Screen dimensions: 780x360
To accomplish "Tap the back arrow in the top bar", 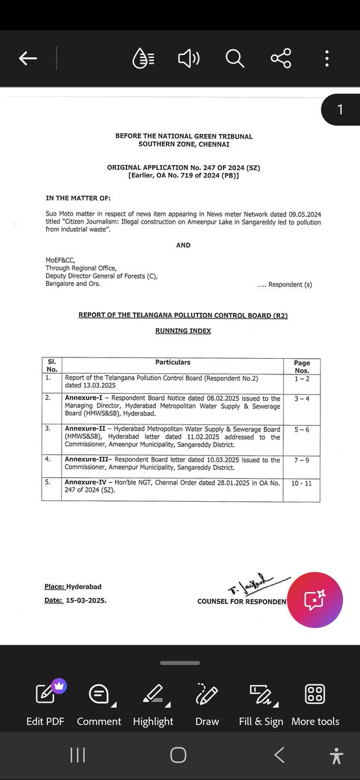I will [28, 59].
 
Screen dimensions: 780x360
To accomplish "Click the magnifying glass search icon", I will [234, 59].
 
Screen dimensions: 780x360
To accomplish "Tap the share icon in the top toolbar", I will [281, 59].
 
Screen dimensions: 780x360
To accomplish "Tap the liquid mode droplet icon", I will [142, 59].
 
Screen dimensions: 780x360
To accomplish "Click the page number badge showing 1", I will [340, 110].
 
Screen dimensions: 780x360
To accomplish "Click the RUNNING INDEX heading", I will [183, 331].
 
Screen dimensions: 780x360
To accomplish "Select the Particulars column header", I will [172, 362].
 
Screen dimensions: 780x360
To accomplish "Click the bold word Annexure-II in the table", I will [85, 429].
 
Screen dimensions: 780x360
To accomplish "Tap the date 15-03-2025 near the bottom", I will [86, 601].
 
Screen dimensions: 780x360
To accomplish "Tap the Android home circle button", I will [178, 755].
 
